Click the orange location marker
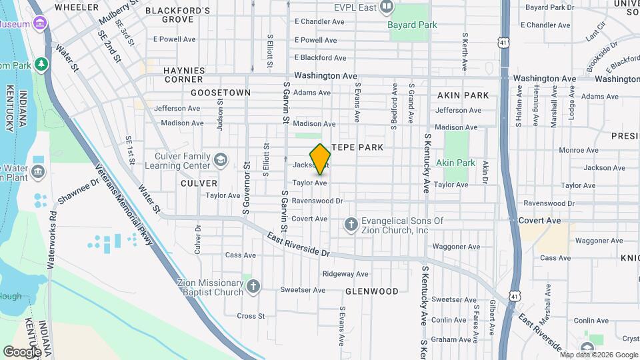tap(320, 159)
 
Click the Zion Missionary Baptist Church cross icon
tap(253, 287)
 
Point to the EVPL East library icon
tap(387, 7)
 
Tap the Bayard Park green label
tap(413, 25)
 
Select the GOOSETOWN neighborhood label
tap(221, 93)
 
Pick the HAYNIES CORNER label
tap(183, 74)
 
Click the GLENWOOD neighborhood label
tap(372, 291)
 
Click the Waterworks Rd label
tap(51, 241)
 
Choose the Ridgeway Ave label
tap(345, 274)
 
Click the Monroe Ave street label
tap(577, 150)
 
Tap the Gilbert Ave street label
tap(492, 316)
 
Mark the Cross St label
tap(251, 316)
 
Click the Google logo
tap(22, 351)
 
